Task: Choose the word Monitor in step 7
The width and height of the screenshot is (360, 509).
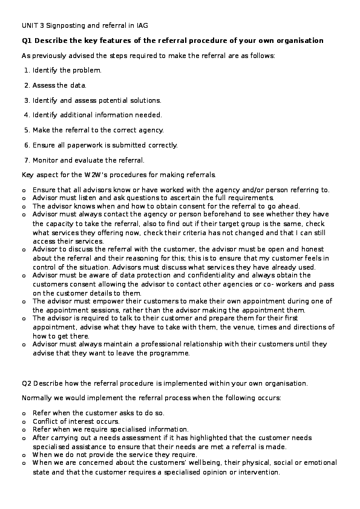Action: pyautogui.click(x=46, y=160)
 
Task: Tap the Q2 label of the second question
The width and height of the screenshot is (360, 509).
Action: pyautogui.click(x=27, y=383)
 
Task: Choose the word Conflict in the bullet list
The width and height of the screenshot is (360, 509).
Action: pyautogui.click(x=46, y=421)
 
